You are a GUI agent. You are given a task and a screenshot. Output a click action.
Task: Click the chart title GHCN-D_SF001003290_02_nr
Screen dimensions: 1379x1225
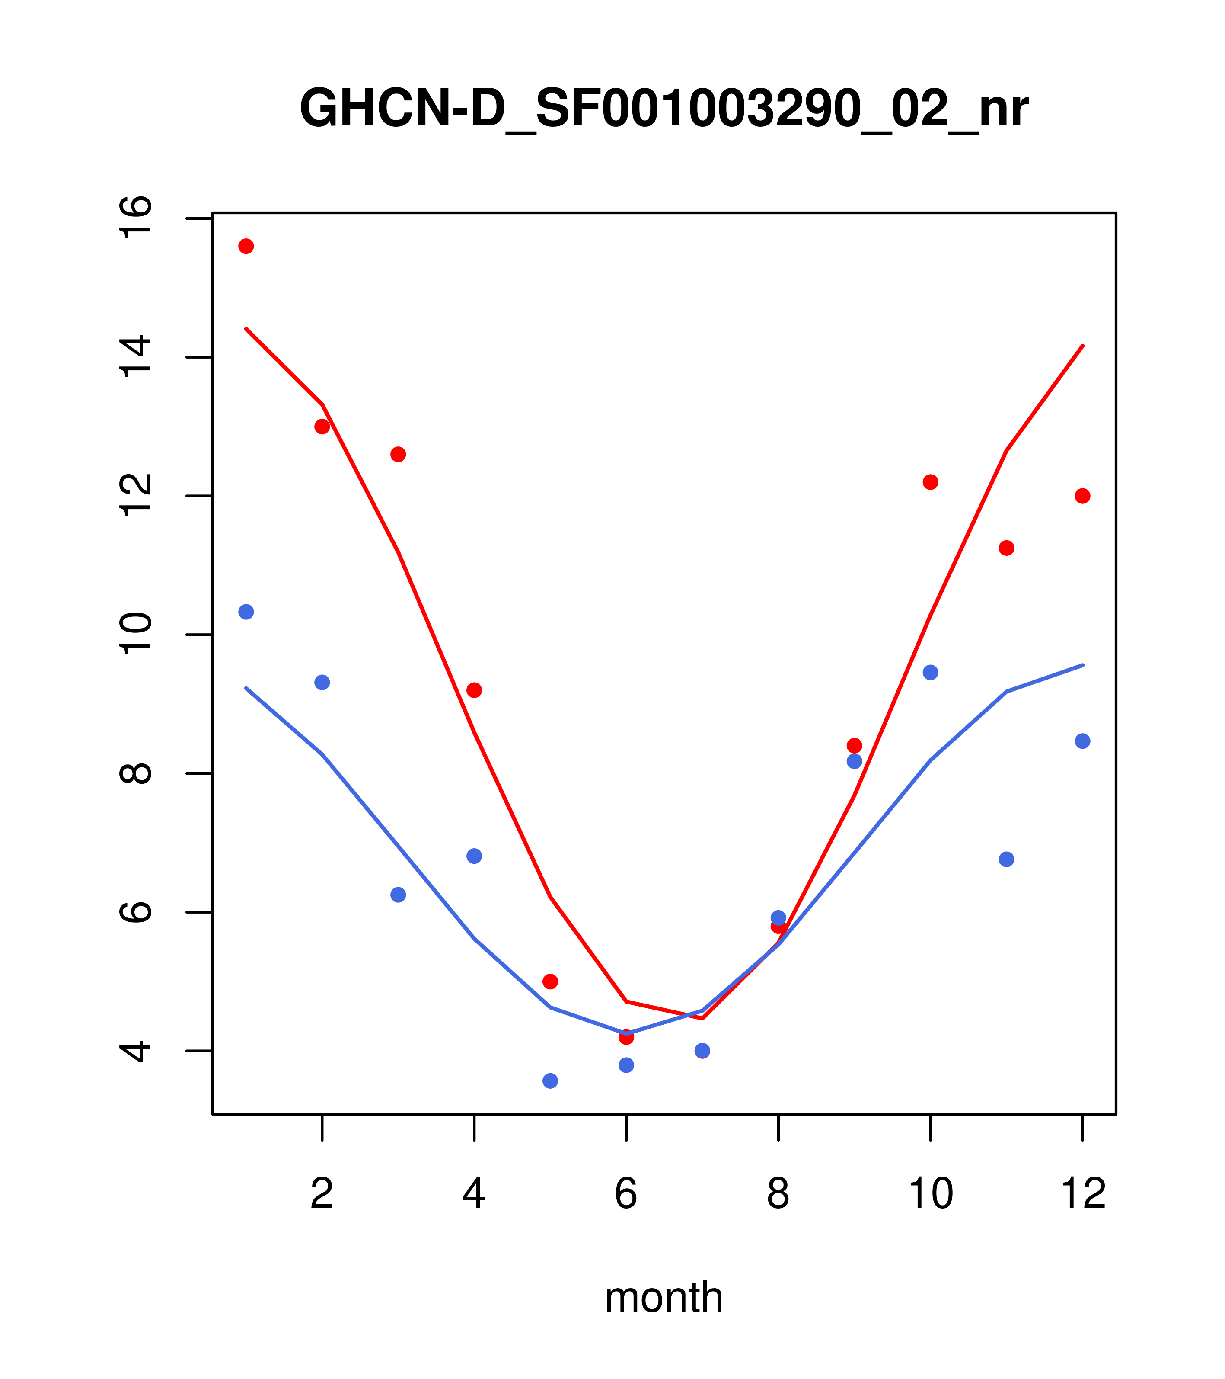tap(664, 109)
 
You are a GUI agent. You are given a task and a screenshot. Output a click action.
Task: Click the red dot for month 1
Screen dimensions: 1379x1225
tap(246, 246)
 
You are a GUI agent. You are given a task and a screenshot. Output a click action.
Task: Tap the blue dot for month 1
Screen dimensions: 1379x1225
tap(246, 612)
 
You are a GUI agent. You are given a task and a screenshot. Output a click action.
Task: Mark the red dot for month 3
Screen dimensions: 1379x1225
tap(399, 454)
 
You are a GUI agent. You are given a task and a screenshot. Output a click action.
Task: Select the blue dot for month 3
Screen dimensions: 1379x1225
tap(399, 895)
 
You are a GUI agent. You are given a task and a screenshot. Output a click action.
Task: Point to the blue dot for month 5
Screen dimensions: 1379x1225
tap(550, 1081)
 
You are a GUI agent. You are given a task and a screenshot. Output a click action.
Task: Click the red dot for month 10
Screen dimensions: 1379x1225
tap(930, 482)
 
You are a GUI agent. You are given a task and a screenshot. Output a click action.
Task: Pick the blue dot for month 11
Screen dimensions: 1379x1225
tap(1007, 859)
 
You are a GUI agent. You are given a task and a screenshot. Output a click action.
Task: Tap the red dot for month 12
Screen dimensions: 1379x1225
tap(1083, 496)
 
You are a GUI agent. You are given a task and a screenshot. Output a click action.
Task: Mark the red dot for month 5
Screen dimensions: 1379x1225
tap(550, 981)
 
